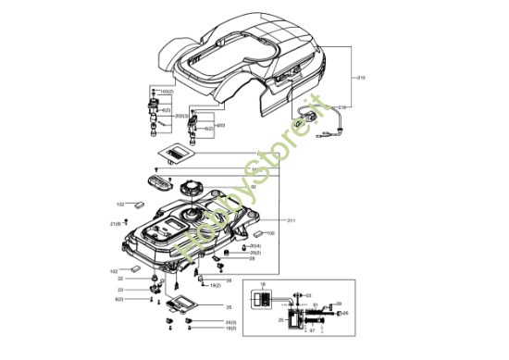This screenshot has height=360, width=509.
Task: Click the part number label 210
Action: point(360,78)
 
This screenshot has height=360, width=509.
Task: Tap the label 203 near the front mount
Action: point(220,124)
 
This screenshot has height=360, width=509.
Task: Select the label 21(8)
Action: point(116,224)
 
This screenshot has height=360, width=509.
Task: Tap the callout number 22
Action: point(120,278)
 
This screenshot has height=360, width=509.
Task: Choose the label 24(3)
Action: point(230,321)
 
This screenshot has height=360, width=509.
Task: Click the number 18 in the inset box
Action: point(262,283)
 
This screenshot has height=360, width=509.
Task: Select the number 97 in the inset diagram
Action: point(312,329)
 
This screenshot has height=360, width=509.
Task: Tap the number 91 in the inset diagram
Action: point(315,304)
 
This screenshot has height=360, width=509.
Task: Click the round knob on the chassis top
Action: point(192,186)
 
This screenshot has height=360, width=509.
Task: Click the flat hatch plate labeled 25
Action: point(188,300)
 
